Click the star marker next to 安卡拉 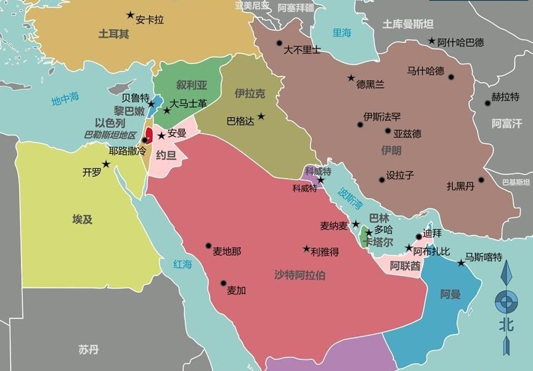point(130,15)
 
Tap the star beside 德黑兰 point(351,78)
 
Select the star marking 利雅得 point(306,249)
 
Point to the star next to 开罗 point(106,164)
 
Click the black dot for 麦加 point(223,283)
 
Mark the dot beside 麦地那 point(208,245)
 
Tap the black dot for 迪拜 point(419,236)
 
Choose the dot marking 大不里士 point(279,43)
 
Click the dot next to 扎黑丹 point(481,181)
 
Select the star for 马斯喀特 point(461,263)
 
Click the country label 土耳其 point(114,34)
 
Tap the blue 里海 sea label point(342,33)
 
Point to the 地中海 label point(66,98)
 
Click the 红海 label point(183,264)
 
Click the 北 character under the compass point(507,324)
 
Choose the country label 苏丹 point(88,349)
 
